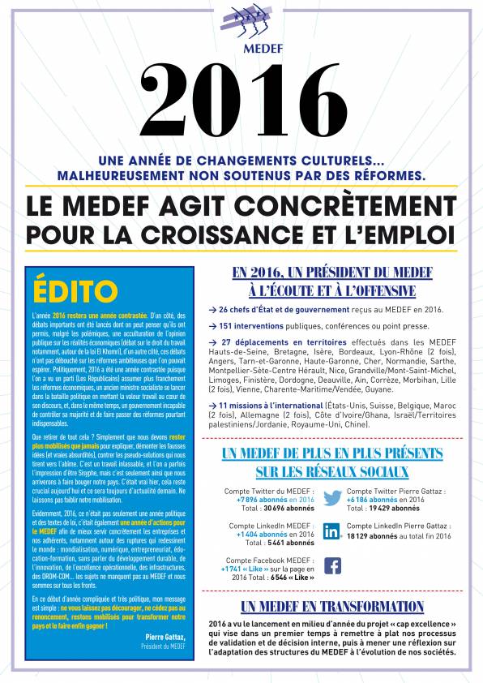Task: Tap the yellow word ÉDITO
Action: point(75,290)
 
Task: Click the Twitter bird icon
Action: point(332,497)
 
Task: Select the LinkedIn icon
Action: point(331,532)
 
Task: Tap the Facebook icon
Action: point(332,566)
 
